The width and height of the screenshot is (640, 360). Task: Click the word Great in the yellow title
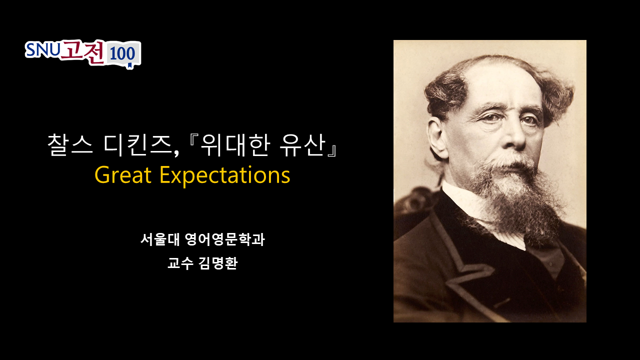coord(122,175)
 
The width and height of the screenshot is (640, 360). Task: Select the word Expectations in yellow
coord(225,176)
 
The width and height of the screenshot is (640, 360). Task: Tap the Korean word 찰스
coord(70,145)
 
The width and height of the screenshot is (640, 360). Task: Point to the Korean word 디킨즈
coord(137,145)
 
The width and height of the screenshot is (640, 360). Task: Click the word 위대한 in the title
coord(235,145)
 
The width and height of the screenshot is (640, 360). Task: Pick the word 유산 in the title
coord(302,145)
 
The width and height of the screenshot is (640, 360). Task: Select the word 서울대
coord(160,239)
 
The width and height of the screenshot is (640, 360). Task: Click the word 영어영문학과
coord(225,239)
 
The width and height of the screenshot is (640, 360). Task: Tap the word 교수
coord(180,263)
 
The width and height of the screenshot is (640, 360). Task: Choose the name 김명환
coord(218,263)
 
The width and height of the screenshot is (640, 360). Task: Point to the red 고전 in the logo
coord(82,52)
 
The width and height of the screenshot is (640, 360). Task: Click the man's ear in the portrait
coord(436,137)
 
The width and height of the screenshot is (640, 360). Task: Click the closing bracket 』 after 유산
coord(332,150)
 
